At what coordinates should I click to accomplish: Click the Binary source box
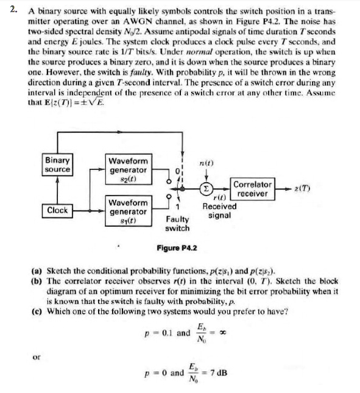[58, 164]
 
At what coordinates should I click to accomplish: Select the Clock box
[58, 210]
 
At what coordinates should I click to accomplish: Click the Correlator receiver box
[253, 188]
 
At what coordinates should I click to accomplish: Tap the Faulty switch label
[177, 224]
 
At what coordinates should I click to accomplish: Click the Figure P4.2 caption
[177, 248]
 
